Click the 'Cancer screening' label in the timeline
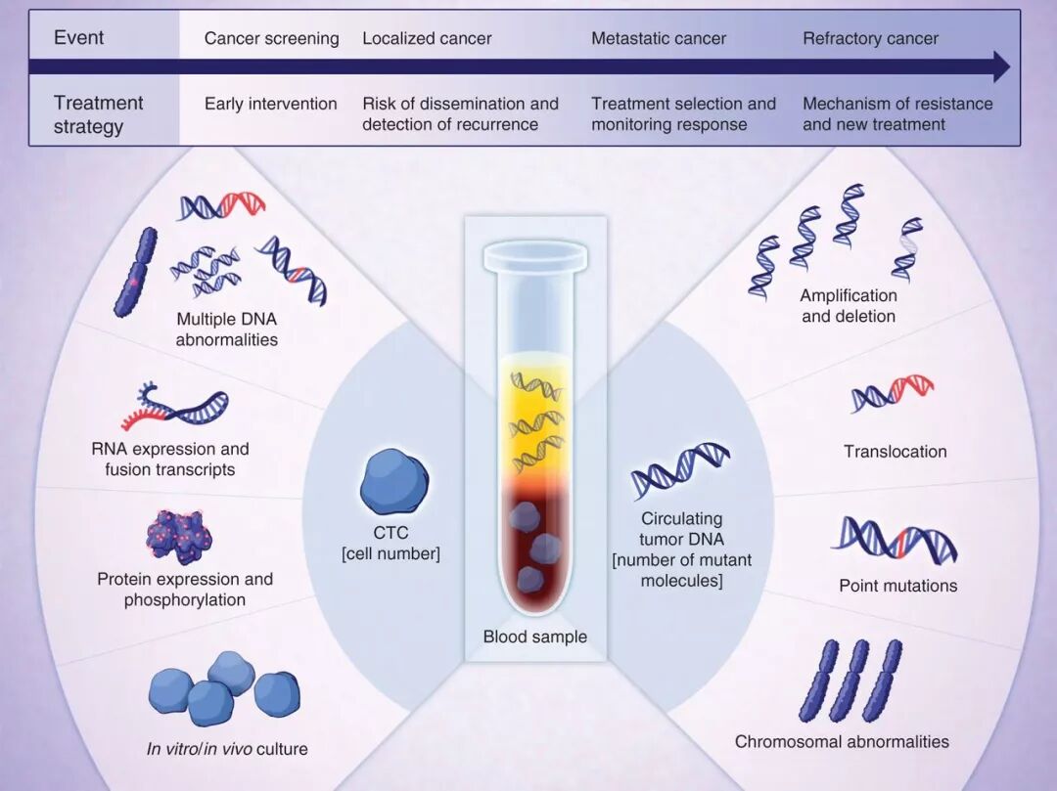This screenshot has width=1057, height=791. point(271,39)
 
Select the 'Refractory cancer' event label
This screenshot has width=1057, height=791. point(870,39)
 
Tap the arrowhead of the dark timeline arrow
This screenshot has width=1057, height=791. point(1000,67)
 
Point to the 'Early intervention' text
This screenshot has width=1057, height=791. point(270,104)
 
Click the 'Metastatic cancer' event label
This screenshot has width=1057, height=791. point(659,39)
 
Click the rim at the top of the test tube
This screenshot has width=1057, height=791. point(535,256)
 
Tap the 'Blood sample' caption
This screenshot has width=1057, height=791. point(535,637)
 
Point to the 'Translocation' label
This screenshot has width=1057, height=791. point(895,452)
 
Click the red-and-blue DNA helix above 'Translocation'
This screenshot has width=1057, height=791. point(892,392)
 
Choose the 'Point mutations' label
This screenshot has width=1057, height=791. point(897,586)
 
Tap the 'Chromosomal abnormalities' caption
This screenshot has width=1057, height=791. point(842,741)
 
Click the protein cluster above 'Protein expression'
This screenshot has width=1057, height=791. point(179,537)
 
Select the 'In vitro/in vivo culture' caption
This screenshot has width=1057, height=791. point(227,749)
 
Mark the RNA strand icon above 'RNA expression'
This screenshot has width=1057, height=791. point(175,409)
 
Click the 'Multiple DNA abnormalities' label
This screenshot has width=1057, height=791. point(227,330)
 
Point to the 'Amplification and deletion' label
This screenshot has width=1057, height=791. point(848,305)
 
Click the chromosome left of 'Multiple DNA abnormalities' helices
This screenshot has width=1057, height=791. point(135,272)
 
